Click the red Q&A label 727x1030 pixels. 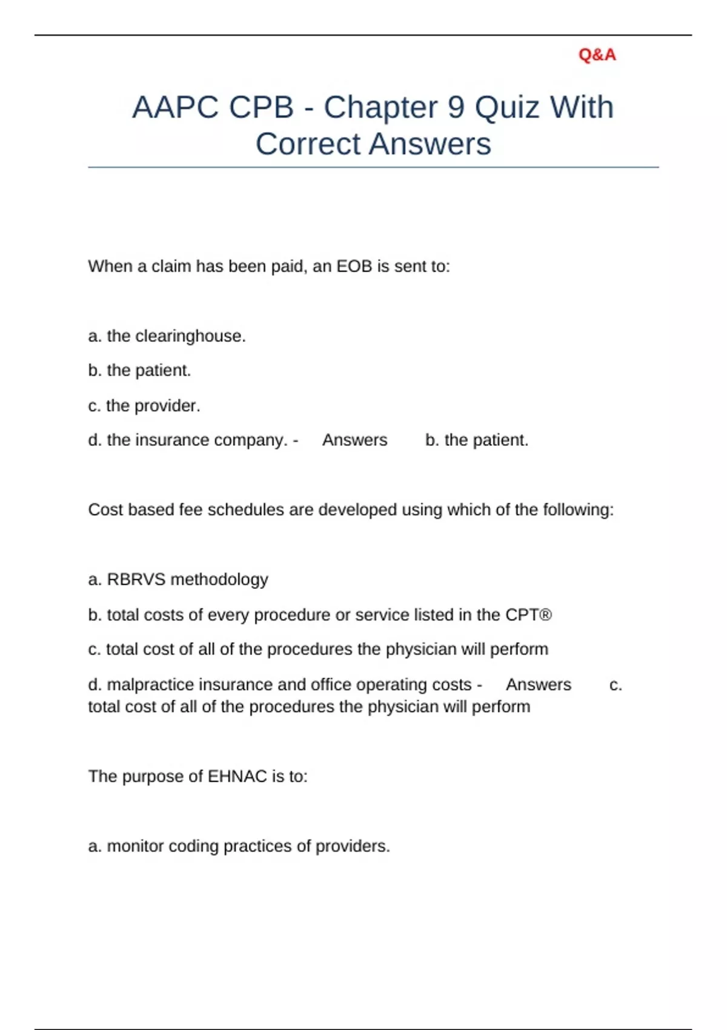pos(597,55)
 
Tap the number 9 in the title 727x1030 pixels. pos(456,108)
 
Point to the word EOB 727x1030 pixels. pos(354,267)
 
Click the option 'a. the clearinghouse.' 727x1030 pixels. pos(167,336)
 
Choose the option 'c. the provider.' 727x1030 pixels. pos(144,406)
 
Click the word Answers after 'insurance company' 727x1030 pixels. pos(354,440)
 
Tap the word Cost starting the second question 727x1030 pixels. pos(105,510)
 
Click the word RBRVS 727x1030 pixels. pos(136,580)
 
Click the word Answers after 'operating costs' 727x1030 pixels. pos(538,685)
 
